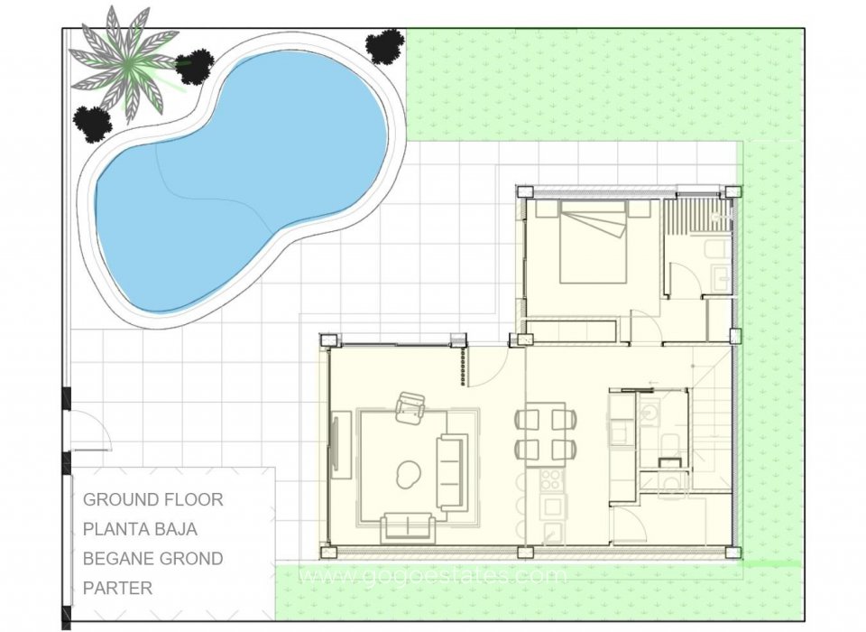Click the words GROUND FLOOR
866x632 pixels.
[152, 499]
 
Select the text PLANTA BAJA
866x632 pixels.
[140, 529]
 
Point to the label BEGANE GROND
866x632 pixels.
[152, 559]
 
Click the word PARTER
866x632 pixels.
[117, 589]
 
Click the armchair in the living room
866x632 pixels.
[410, 407]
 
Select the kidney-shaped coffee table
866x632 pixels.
[409, 470]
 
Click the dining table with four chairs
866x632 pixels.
[546, 432]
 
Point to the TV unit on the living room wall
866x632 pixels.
[340, 443]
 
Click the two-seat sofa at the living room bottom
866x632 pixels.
[408, 527]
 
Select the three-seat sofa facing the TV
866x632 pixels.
[452, 471]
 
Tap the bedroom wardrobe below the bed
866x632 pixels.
[572, 329]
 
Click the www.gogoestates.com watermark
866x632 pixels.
[433, 575]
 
